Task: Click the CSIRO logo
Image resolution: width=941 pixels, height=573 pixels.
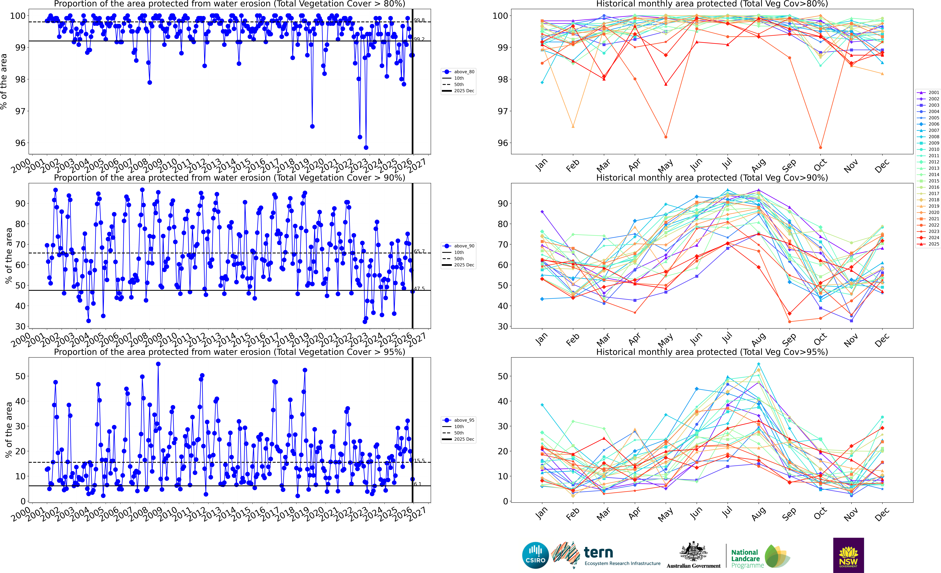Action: pyautogui.click(x=535, y=555)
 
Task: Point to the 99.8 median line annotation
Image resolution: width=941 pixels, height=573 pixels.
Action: pyautogui.click(x=419, y=20)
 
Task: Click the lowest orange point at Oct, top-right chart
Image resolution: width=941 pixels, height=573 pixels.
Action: pyautogui.click(x=820, y=147)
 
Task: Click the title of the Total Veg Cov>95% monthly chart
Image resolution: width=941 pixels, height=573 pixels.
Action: pyautogui.click(x=712, y=352)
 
